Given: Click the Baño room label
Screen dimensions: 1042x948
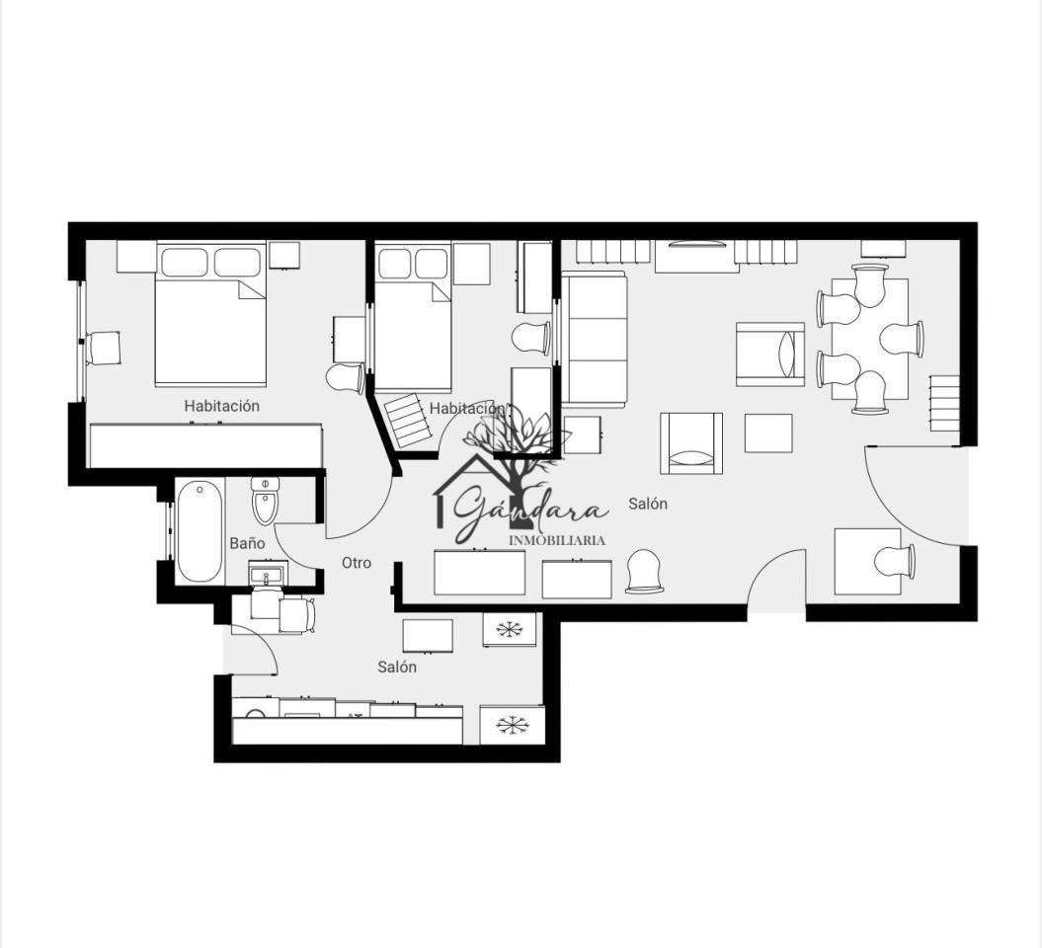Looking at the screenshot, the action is pos(247,543).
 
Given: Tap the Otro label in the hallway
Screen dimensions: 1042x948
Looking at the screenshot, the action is pos(357,563).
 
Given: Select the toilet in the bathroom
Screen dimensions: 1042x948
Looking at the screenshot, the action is pos(266,501).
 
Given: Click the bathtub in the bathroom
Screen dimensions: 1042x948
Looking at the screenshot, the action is pos(200,531).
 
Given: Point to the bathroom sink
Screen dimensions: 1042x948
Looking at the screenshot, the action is pos(268,574).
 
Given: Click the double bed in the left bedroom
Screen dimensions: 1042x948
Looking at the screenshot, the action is pos(210,314).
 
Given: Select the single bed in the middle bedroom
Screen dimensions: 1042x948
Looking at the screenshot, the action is pos(414,316).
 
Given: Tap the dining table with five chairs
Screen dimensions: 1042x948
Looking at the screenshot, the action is pos(870,339).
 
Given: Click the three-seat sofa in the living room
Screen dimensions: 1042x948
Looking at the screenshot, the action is pos(595,340).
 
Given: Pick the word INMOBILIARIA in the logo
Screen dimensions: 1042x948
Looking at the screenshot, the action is pos(557,541).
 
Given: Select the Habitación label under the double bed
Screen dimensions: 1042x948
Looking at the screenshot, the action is pos(222,406).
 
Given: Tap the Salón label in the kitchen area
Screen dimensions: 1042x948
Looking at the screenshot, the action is pos(397,667).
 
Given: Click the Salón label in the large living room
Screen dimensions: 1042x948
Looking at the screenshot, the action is pos(648,505).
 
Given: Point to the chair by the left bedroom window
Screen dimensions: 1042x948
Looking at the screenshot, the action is pos(102,348).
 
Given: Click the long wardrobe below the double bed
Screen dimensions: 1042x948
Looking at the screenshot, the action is pos(206,445).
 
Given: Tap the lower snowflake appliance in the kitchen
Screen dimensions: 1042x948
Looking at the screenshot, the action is pos(511,725).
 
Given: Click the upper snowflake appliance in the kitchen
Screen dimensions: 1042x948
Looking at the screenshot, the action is pos(510,629).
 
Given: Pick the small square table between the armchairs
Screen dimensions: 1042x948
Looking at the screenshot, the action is pos(768,434).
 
